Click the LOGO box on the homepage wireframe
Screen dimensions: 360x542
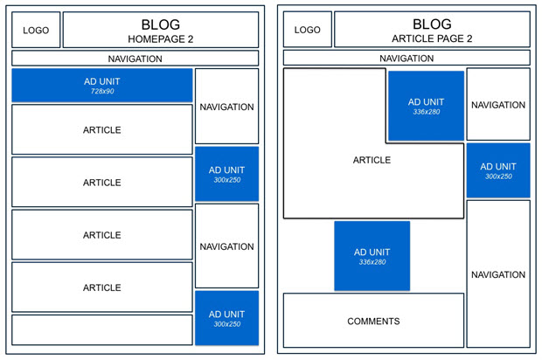pos(36,30)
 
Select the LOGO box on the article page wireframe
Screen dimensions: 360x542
pos(307,30)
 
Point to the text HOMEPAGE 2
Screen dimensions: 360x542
pos(160,39)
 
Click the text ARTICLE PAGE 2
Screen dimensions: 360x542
pos(432,39)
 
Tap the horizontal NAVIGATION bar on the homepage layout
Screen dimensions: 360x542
pos(135,59)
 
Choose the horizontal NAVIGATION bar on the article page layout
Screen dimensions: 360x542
pos(406,59)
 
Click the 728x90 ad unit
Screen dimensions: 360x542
pos(101,86)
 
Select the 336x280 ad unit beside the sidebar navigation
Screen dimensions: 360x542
pos(425,106)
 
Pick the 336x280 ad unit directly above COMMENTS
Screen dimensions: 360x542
pos(372,256)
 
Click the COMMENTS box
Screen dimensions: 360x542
pos(373,322)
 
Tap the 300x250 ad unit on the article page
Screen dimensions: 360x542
pos(498,170)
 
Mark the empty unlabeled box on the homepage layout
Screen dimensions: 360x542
pos(101,329)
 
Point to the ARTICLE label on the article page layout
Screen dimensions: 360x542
pos(372,160)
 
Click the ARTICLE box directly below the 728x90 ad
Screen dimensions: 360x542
pos(101,130)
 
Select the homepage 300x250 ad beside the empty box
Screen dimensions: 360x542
pos(226,318)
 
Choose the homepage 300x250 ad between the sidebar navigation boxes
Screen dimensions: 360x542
pos(226,174)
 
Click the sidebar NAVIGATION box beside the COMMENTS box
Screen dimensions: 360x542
pos(498,275)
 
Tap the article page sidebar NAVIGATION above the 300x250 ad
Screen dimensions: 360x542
pos(498,105)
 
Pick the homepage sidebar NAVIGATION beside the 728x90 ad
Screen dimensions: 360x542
pos(226,107)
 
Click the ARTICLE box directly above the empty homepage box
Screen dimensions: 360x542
pos(101,287)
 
